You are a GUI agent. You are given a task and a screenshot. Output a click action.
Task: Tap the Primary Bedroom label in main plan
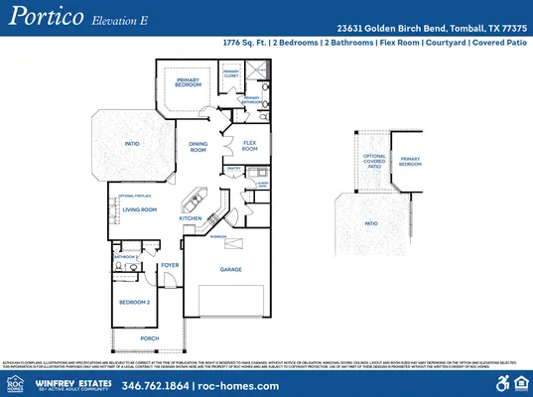coord(188,82)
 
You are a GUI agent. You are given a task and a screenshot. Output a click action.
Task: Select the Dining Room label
coord(198,147)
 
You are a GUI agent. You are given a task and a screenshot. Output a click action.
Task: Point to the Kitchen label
coord(191,217)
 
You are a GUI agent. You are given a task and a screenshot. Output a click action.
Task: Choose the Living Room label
coord(140,209)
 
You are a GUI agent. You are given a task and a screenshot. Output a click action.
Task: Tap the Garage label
coord(230,269)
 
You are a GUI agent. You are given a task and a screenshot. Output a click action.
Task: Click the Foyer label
coord(171,265)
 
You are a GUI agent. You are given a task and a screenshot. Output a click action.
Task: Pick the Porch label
coord(149,338)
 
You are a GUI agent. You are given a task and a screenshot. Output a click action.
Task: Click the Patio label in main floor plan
coord(131,143)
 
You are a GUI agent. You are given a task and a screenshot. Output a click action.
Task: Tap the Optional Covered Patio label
coord(373,162)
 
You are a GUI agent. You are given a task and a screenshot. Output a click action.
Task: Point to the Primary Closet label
coord(230,73)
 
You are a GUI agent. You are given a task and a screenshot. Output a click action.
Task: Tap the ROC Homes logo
coord(16,383)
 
